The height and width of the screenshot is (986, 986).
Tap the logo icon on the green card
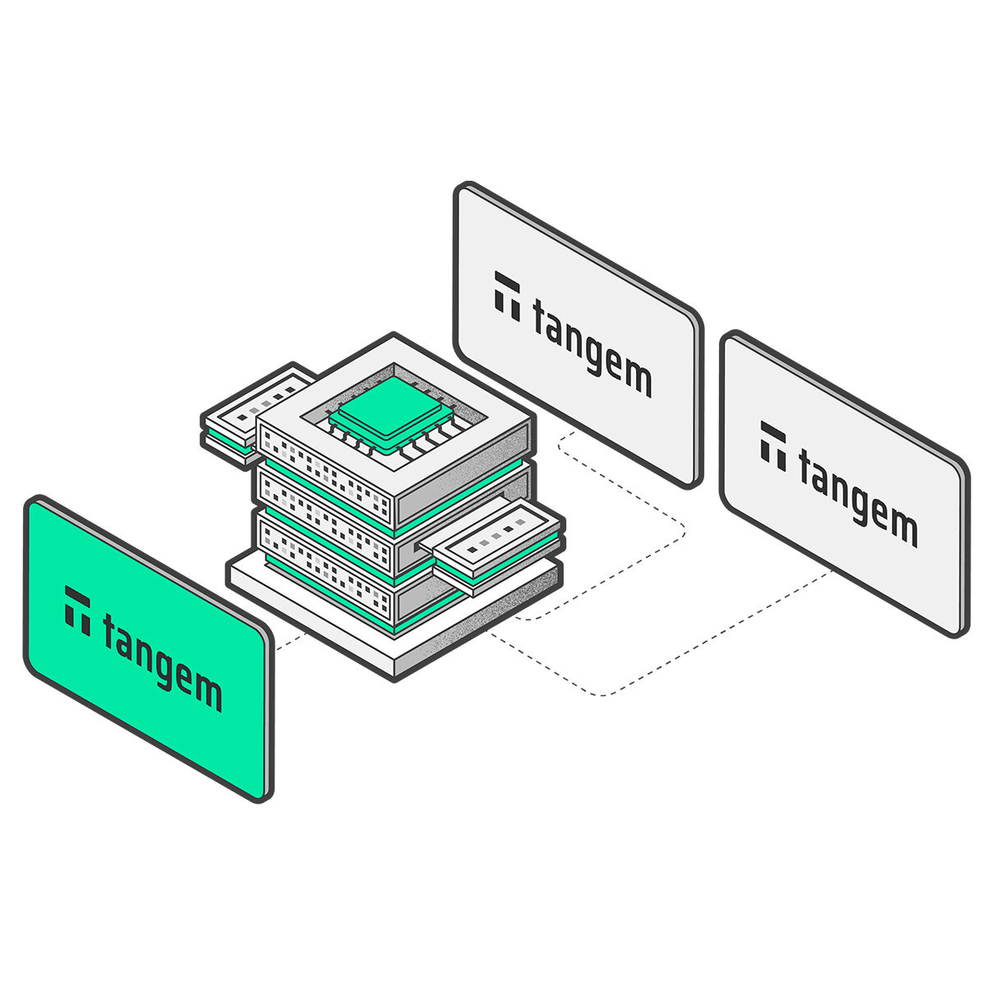(x=78, y=610)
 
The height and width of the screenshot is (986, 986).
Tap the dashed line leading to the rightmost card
(x=698, y=641)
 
